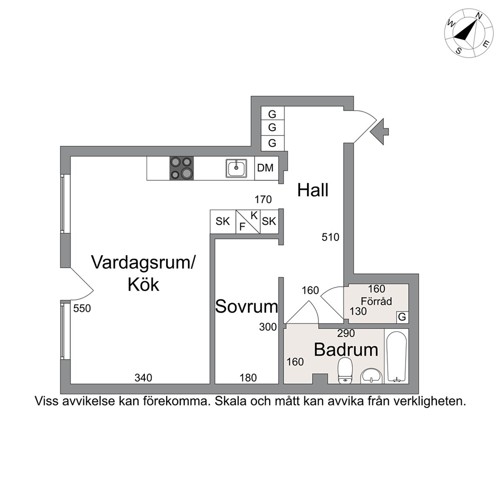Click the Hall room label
313,190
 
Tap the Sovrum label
246,307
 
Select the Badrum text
346,349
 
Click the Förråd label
376,301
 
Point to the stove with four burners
181,168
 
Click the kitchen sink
236,168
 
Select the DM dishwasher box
266,168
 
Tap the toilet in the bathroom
345,370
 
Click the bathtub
396,357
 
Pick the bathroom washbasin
371,376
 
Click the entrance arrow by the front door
379,131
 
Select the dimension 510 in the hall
330,237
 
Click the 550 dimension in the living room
82,309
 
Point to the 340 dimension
143,378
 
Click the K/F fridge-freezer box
248,221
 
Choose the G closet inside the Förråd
403,317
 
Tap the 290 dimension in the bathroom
346,333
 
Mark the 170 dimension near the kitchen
263,199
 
